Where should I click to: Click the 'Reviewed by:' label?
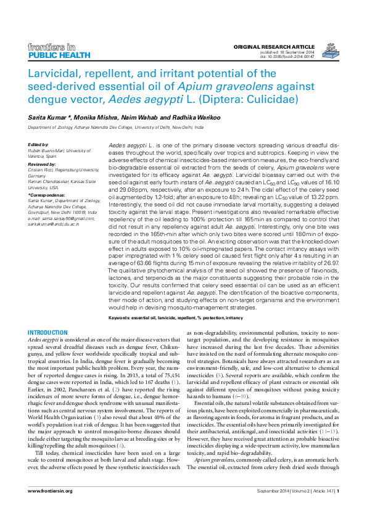coord(42,163)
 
